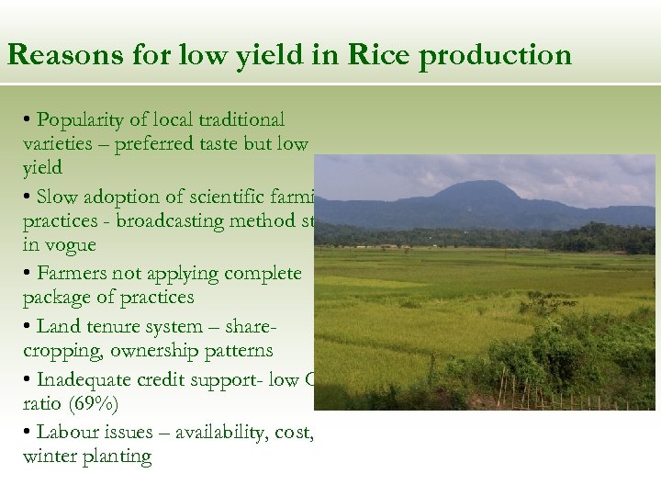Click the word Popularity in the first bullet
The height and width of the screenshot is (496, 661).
tap(84, 120)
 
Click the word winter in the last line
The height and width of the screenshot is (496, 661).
tap(50, 457)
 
